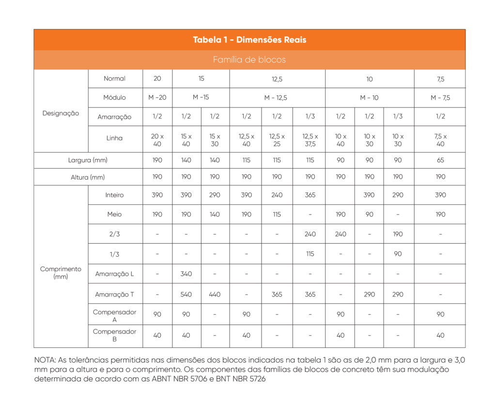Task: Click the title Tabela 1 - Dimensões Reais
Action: pyautogui.click(x=249, y=40)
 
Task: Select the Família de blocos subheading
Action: pyautogui.click(x=249, y=60)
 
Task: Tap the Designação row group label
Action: pyautogui.click(x=61, y=113)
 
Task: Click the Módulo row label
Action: pyautogui.click(x=115, y=97)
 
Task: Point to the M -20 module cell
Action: pyautogui.click(x=157, y=97)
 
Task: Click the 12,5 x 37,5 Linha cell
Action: pyautogui.click(x=310, y=140)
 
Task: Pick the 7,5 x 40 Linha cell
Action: pyautogui.click(x=440, y=140)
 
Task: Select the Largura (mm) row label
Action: pyautogui.click(x=88, y=160)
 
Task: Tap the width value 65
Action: pyautogui.click(x=440, y=160)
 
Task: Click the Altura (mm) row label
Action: pyautogui.click(x=88, y=177)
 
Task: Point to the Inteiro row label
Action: pyautogui.click(x=115, y=195)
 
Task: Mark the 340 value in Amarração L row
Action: pyautogui.click(x=186, y=274)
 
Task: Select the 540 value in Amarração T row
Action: pyautogui.click(x=186, y=294)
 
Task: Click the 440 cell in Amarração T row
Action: pyautogui.click(x=215, y=294)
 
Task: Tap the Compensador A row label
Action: pyautogui.click(x=115, y=316)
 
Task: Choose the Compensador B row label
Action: pyautogui.click(x=115, y=335)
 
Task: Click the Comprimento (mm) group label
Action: pyautogui.click(x=61, y=273)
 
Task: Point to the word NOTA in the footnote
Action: pyautogui.click(x=45, y=360)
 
